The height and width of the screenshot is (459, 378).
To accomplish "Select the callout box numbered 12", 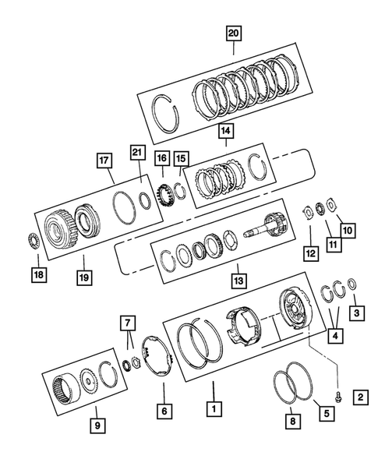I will [309, 253].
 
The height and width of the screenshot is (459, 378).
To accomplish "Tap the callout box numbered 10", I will [347, 231].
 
